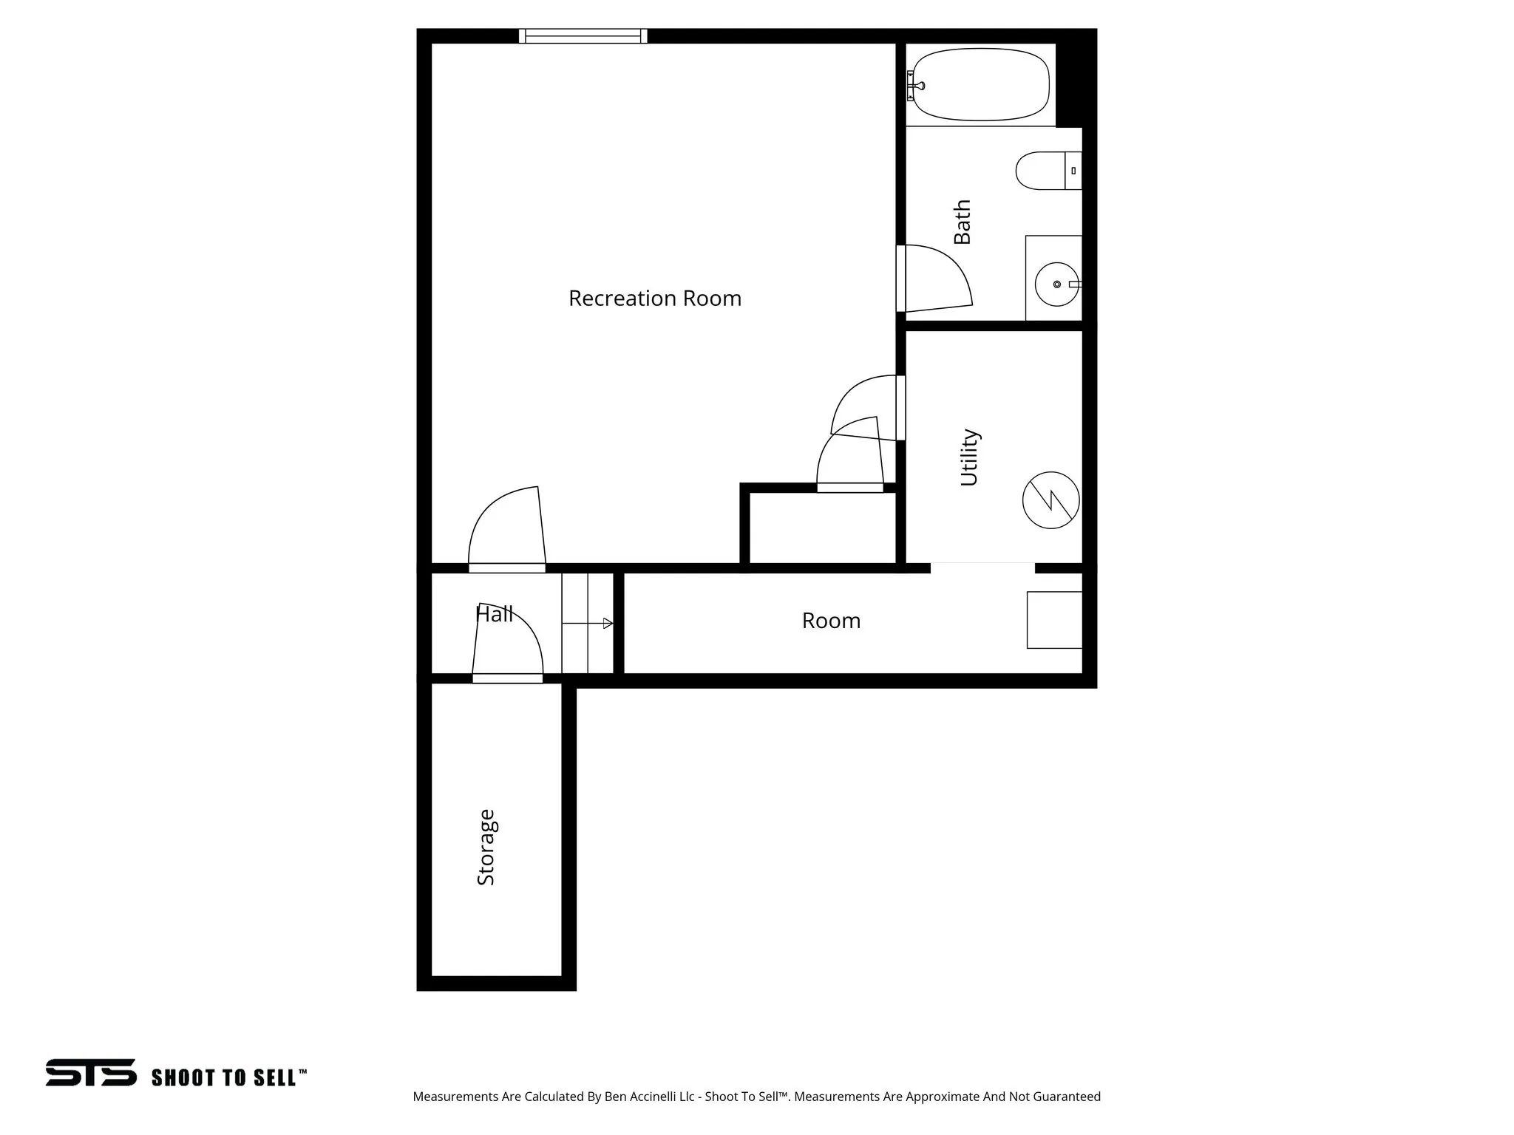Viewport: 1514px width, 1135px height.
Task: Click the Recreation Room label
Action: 654,299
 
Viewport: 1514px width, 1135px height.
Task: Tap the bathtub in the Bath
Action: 980,85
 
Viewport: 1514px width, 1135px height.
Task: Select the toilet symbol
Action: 1047,171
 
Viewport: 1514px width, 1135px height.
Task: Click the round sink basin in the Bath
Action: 1056,284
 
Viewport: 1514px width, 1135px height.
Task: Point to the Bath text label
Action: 962,222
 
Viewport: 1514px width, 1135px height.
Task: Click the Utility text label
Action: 969,457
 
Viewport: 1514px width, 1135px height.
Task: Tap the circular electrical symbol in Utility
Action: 1050,500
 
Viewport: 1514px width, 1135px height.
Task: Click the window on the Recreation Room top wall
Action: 583,36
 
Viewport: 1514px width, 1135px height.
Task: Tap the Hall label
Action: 494,614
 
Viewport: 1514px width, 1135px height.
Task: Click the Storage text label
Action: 486,848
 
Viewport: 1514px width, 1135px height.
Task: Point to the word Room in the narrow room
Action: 831,621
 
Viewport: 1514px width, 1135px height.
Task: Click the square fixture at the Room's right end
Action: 1054,620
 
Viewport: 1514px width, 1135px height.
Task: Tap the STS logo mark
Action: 91,1072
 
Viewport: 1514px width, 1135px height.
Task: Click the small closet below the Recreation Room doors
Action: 822,528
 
